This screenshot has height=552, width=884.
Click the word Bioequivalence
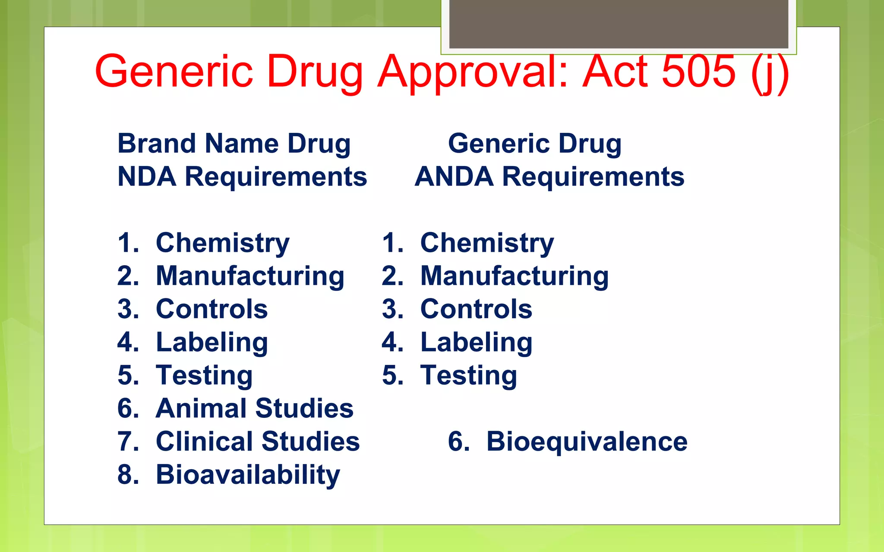[587, 442]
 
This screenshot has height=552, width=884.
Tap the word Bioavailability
[248, 475]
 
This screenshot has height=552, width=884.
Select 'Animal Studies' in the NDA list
[254, 408]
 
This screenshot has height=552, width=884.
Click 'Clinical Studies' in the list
[258, 442]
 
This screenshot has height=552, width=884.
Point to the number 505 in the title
[698, 71]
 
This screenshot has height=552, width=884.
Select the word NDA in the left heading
[147, 177]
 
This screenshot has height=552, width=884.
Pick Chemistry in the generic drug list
[487, 243]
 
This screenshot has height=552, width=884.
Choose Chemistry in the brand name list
[222, 243]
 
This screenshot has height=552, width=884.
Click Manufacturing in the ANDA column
[515, 276]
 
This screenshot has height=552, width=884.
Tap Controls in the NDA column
[212, 309]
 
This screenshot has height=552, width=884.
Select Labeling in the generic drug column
[476, 342]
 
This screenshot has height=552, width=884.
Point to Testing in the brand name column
[204, 375]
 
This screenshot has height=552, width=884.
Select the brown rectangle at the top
[619, 24]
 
